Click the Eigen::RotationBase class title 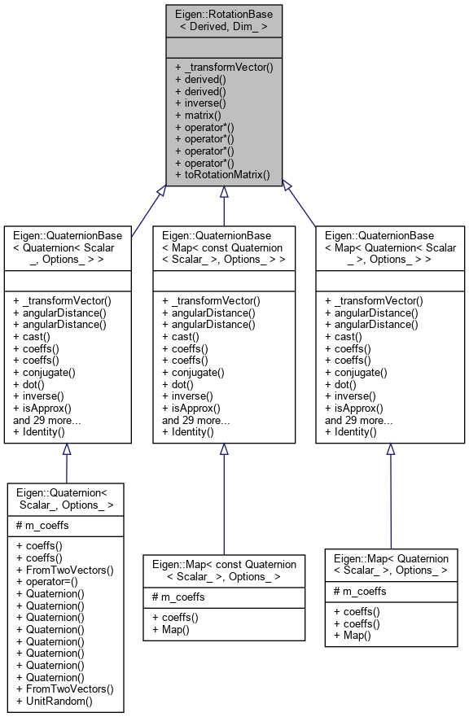click(224, 20)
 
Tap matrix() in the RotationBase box click(199, 116)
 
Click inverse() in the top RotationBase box click(200, 103)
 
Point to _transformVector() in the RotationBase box click(224, 67)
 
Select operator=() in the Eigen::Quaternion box click(50, 582)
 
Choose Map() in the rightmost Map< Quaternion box click(348, 635)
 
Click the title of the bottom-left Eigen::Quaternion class click(66, 499)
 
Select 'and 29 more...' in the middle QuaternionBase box click(195, 420)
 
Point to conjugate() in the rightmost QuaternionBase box click(356, 372)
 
